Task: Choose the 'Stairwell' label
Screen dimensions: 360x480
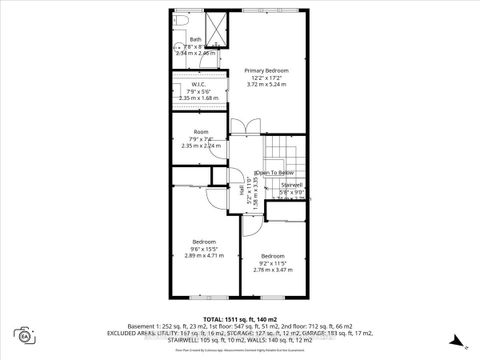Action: [x=291, y=184]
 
